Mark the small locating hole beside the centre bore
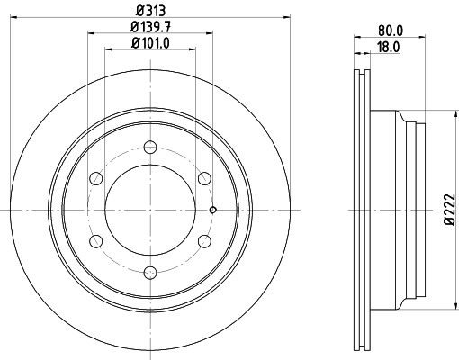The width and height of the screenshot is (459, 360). pos(212,211)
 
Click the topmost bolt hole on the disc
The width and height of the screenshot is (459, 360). pos(149,146)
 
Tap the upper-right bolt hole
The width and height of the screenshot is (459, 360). pos(204,177)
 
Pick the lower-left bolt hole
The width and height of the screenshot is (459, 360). pos(95,240)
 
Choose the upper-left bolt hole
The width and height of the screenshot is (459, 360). pos(95,177)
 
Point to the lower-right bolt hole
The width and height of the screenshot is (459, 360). pos(204,240)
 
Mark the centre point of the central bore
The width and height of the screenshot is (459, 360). pos(149,209)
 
